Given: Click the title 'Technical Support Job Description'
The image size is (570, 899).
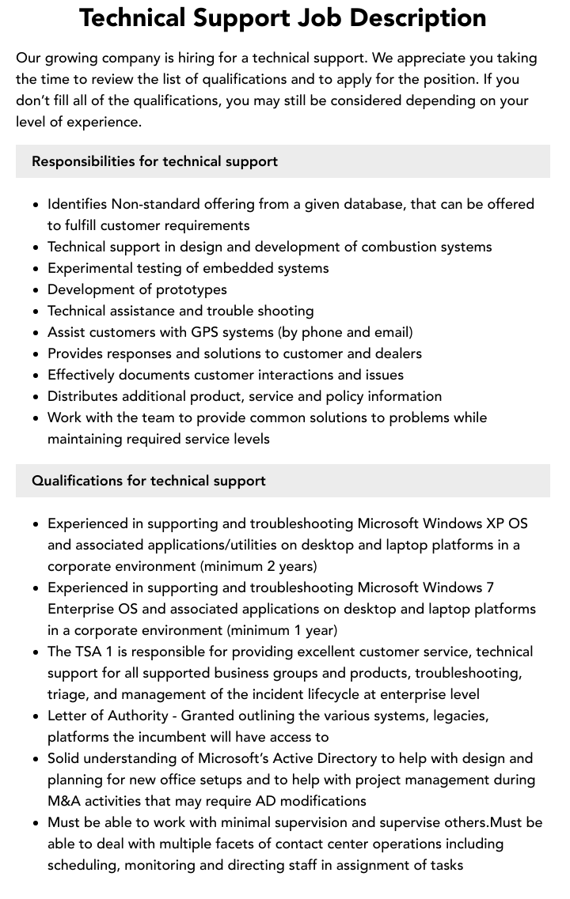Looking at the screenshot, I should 283,18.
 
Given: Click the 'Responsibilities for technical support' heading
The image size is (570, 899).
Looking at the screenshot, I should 154,161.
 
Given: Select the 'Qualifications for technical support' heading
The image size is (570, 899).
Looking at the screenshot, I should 149,481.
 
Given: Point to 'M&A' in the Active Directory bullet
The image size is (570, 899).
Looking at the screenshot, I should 66,801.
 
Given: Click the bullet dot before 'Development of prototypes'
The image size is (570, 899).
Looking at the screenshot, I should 36,290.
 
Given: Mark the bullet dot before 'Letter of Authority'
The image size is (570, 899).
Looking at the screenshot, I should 36,716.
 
